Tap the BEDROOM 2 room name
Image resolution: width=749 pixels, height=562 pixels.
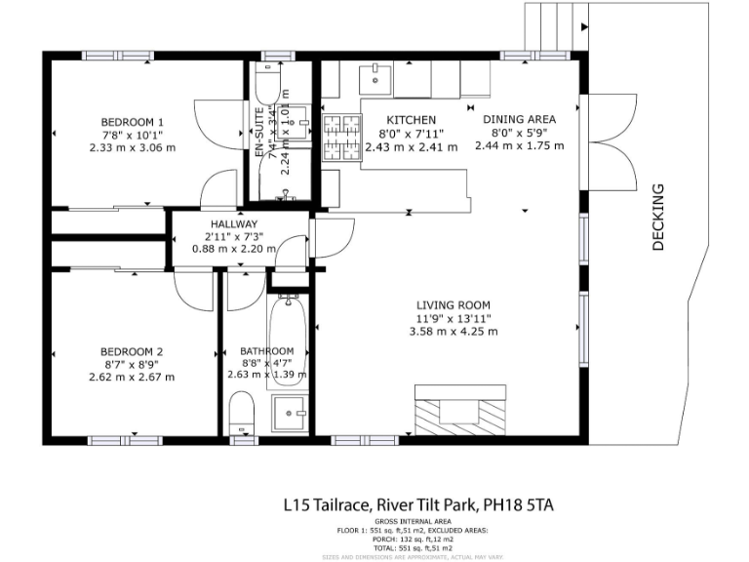click(x=131, y=351)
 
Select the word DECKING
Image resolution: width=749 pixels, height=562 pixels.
click(x=658, y=218)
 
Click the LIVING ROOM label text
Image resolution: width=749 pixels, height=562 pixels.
click(x=454, y=303)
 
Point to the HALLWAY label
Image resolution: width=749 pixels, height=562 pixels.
click(x=226, y=223)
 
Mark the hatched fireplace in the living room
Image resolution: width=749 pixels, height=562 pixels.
click(x=455, y=410)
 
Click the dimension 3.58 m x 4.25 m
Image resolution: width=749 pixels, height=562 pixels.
click(x=454, y=331)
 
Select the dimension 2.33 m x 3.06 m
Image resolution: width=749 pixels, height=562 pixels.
click(x=131, y=148)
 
